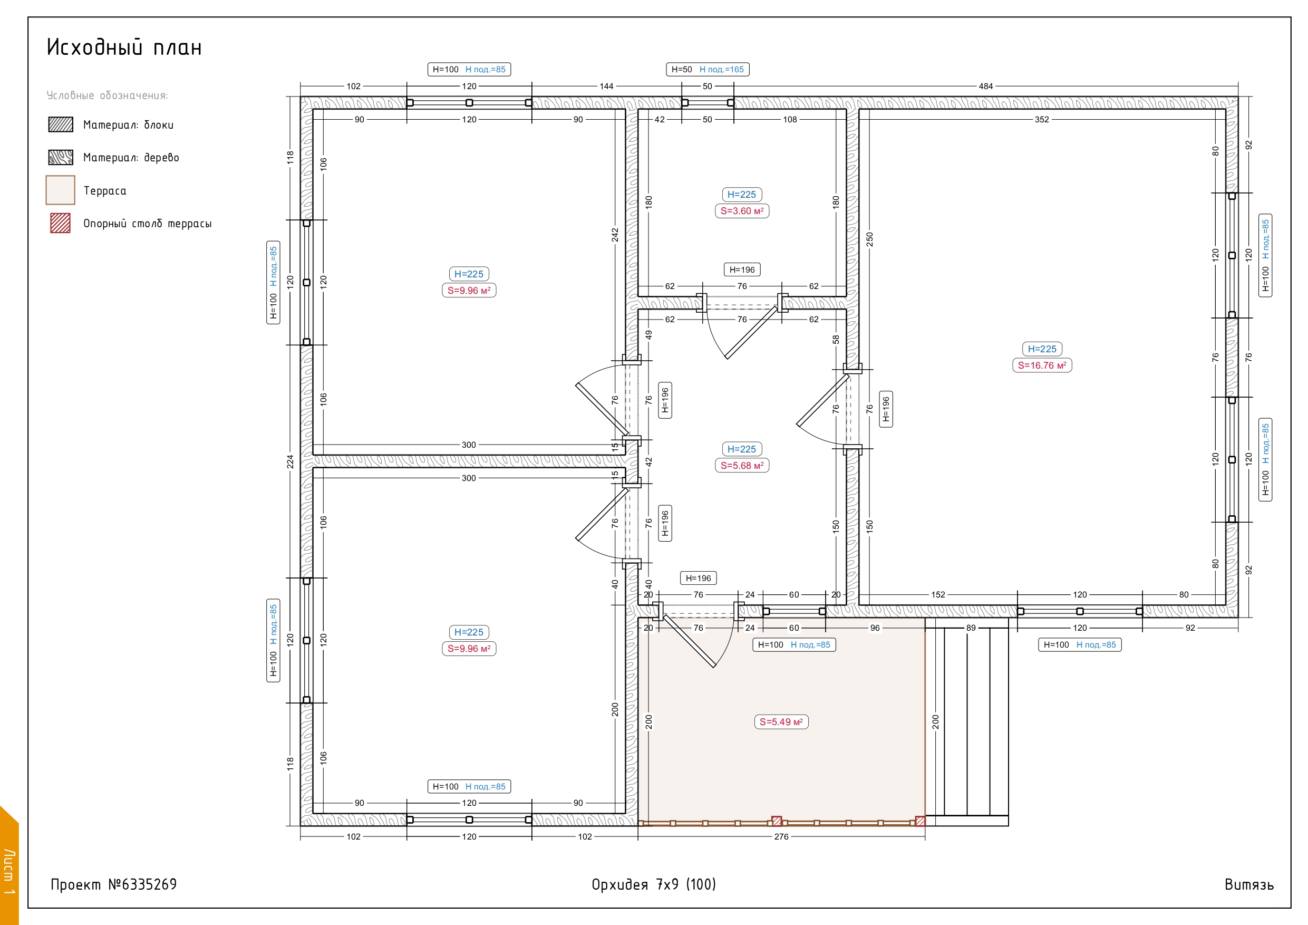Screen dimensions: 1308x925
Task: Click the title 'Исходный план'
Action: (124, 47)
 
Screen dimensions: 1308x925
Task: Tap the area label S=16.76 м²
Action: (1042, 365)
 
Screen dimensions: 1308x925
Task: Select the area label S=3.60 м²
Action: (742, 211)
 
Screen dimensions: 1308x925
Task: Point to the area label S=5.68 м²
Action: (742, 466)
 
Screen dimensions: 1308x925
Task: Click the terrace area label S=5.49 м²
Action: (781, 722)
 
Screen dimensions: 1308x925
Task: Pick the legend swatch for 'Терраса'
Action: (61, 190)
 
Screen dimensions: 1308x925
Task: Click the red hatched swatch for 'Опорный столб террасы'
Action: (61, 223)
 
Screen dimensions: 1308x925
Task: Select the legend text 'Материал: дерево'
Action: (131, 157)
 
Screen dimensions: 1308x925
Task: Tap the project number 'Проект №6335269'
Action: (114, 884)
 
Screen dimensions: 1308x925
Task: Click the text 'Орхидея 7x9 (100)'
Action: (653, 884)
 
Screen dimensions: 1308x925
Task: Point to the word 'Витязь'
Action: (1249, 884)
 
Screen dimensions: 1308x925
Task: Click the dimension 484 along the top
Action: (985, 86)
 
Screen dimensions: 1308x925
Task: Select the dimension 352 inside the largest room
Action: (1041, 120)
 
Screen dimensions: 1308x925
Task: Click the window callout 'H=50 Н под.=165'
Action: (708, 70)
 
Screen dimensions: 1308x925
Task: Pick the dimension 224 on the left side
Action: (290, 461)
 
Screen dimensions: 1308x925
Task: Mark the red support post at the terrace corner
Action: (920, 821)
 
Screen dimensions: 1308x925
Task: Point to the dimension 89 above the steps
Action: (971, 628)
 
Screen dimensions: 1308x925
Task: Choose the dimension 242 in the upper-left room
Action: (615, 235)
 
